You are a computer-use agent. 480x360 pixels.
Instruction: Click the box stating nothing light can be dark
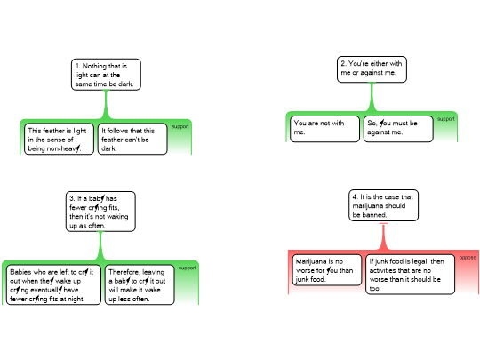tap(106, 75)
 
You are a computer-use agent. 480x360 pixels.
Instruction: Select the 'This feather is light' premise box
tap(59, 139)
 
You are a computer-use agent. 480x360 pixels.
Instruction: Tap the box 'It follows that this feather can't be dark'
tap(132, 139)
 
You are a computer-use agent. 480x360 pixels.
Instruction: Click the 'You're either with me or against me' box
tap(372, 69)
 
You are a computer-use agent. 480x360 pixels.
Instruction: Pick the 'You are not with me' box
tap(324, 129)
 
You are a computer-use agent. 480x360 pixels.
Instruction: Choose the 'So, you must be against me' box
tap(398, 129)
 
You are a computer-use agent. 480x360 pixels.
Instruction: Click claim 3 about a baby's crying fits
tap(100, 212)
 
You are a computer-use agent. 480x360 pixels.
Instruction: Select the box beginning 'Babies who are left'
tap(53, 284)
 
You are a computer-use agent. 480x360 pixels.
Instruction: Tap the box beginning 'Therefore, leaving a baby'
tap(140, 284)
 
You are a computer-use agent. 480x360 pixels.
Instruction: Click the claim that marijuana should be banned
tap(383, 205)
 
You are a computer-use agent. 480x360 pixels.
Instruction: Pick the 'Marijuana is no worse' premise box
tap(327, 270)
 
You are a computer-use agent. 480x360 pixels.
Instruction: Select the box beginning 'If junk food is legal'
tap(410, 275)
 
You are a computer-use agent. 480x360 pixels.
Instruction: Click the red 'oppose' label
tap(468, 258)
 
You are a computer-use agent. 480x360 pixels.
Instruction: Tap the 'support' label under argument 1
tap(180, 126)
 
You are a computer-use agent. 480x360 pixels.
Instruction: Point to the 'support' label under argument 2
tap(445, 119)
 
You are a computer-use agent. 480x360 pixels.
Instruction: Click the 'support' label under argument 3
tap(187, 268)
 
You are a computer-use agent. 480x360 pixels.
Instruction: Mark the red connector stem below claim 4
tap(383, 237)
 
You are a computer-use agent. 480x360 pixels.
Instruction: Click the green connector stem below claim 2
tap(372, 98)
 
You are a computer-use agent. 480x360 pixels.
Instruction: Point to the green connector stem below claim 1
tap(106, 105)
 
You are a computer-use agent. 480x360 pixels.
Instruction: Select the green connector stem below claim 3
tap(100, 246)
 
